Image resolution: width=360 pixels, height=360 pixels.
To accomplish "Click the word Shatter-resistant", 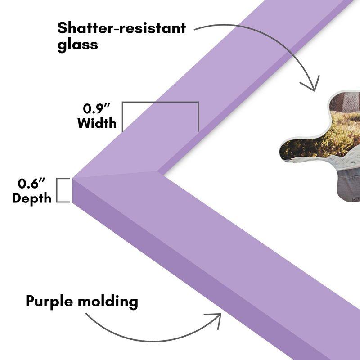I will point(121,28).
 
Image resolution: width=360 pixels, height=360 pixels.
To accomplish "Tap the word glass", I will point(77,45).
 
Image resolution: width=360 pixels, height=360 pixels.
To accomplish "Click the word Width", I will point(96,123).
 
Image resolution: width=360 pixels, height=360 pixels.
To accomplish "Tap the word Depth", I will point(31,198).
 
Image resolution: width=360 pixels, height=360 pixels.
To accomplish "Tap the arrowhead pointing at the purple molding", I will point(216,320).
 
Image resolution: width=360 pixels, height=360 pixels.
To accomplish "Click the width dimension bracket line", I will point(160,103).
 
